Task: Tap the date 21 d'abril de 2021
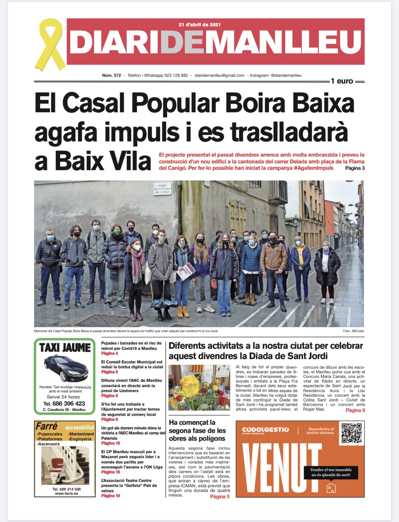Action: (200, 25)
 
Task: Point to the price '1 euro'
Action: (342, 81)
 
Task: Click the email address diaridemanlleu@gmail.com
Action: (220, 75)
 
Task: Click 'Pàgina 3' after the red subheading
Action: (355, 168)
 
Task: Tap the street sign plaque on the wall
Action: (162, 189)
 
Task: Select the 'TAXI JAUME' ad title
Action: (65, 347)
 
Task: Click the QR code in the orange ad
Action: (351, 433)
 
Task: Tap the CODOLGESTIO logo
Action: (266, 430)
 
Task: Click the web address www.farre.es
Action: (66, 494)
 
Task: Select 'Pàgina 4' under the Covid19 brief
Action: (110, 353)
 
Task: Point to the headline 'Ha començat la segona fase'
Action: (197, 430)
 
